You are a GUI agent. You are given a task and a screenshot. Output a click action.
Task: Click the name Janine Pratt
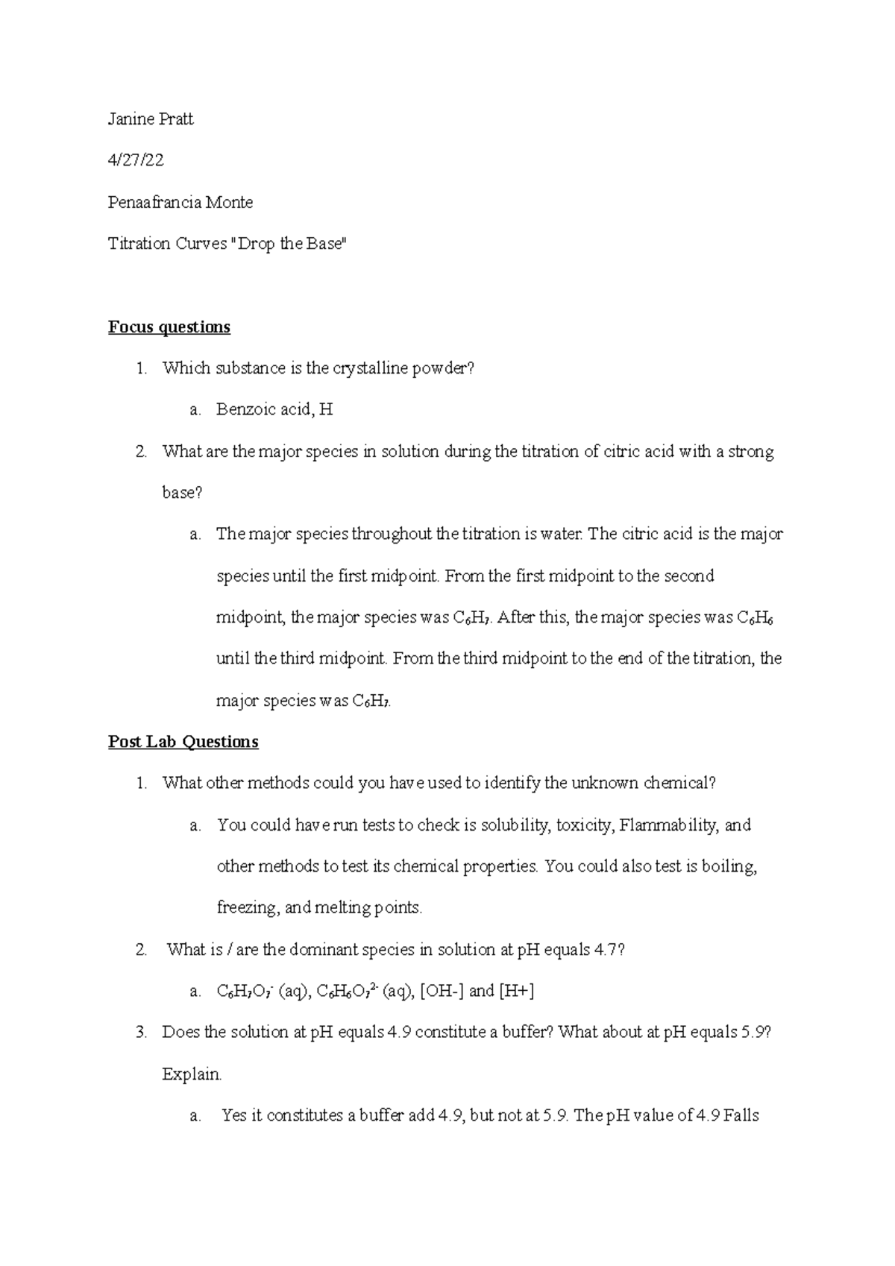click(151, 119)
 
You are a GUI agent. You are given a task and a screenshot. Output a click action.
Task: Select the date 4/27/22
click(136, 160)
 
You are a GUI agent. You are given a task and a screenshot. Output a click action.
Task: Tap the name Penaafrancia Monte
click(180, 202)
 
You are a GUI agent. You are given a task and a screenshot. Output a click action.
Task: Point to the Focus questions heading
click(169, 327)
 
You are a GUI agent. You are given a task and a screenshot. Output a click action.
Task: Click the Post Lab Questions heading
click(183, 742)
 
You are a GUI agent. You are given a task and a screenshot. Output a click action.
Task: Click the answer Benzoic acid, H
click(274, 409)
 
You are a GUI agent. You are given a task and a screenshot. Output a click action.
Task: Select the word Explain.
click(192, 1074)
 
